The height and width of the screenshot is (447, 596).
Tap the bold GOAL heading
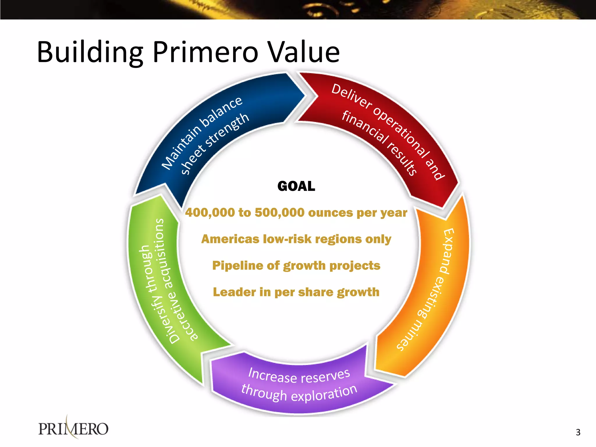(x=296, y=186)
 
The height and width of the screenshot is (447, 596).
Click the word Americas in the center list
(x=230, y=239)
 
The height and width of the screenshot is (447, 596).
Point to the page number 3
(x=578, y=432)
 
